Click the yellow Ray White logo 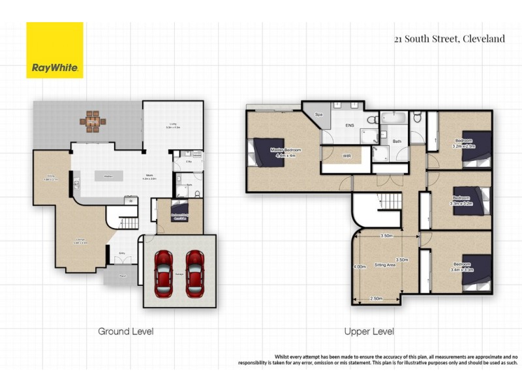coord(55,50)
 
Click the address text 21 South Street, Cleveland coord(449,38)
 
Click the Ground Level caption coord(125,331)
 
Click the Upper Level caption coord(369,331)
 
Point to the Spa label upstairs coord(319,115)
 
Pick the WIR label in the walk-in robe coord(346,156)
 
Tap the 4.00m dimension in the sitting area coord(360,266)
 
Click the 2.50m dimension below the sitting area coord(376,298)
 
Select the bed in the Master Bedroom coord(268,152)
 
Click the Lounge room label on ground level coord(81,241)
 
